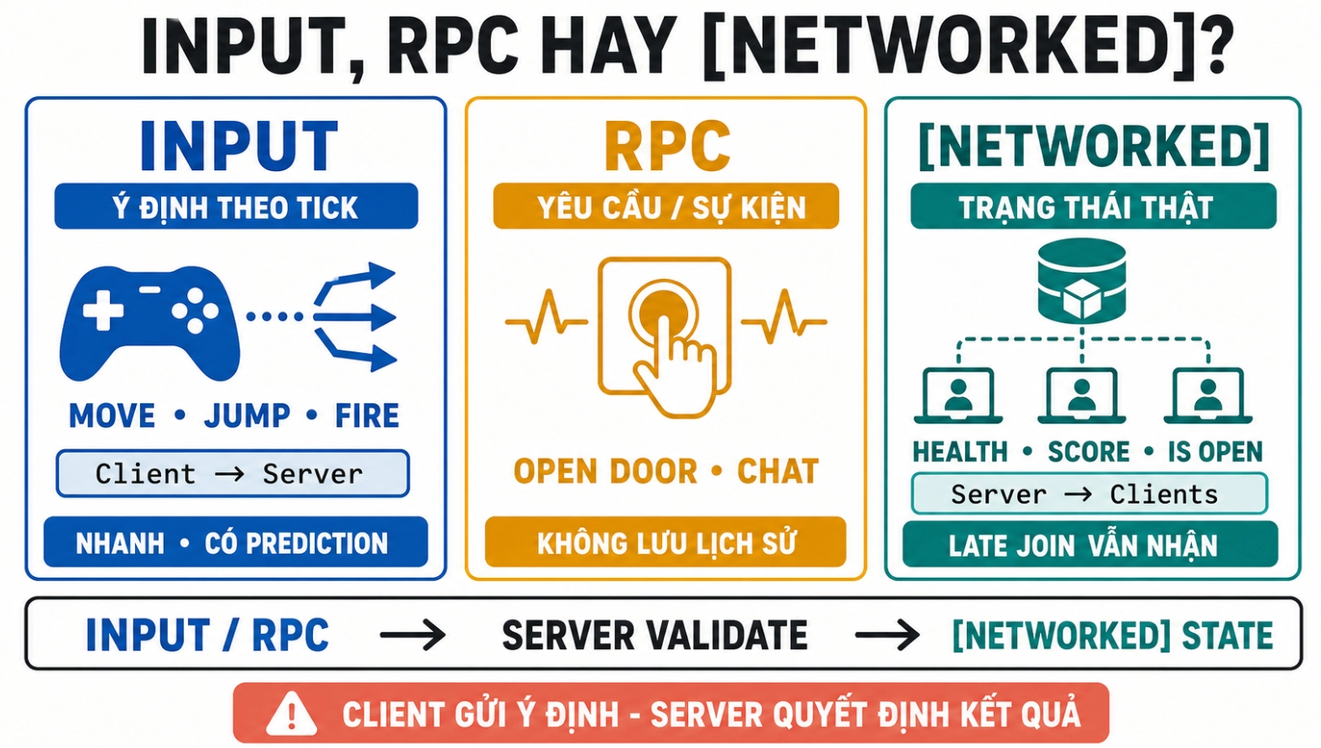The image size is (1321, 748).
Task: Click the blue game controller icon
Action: (x=149, y=322)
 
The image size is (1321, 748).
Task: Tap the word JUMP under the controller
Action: (x=247, y=416)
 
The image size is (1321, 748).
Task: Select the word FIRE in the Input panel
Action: (x=367, y=416)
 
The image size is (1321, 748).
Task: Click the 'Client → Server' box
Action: (x=233, y=474)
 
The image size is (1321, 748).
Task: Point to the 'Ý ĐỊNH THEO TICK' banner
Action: (x=236, y=206)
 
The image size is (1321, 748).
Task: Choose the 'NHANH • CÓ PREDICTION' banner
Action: (x=235, y=543)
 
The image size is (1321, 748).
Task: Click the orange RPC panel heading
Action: (x=667, y=147)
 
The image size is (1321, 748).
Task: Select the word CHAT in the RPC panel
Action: (x=778, y=471)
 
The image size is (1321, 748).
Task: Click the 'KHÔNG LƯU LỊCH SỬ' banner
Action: (x=666, y=543)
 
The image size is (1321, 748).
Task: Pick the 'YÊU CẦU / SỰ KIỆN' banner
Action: (x=666, y=206)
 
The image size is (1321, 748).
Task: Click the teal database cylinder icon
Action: (x=1082, y=282)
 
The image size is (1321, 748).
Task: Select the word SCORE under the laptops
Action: (x=1089, y=452)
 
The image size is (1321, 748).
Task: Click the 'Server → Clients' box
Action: (x=1089, y=494)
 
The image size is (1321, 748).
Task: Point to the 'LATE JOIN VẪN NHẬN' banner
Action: (x=1090, y=545)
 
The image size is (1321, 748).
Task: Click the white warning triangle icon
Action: (x=291, y=714)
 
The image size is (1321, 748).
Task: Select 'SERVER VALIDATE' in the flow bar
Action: (x=655, y=635)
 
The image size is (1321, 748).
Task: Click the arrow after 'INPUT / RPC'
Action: (x=413, y=635)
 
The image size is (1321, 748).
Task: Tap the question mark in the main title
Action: (x=1212, y=46)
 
